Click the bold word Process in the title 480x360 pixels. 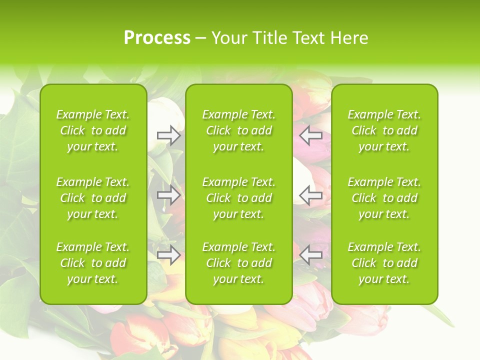(157, 38)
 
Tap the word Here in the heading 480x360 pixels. (349, 38)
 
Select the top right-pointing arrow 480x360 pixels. (168, 135)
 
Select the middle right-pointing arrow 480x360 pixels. (168, 195)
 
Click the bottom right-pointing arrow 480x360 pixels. (168, 255)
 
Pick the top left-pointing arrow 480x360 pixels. (310, 135)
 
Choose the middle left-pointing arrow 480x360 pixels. (310, 195)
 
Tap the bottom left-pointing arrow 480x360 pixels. (310, 255)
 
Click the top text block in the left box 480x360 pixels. (93, 130)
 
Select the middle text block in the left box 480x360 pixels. (93, 198)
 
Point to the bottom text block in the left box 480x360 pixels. (93, 263)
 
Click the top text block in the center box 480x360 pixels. (239, 130)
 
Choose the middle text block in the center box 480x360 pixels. (239, 198)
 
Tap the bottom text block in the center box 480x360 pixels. (239, 263)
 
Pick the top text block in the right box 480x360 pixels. (384, 130)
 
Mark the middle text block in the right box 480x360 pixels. (384, 198)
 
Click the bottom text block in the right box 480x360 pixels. (384, 263)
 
